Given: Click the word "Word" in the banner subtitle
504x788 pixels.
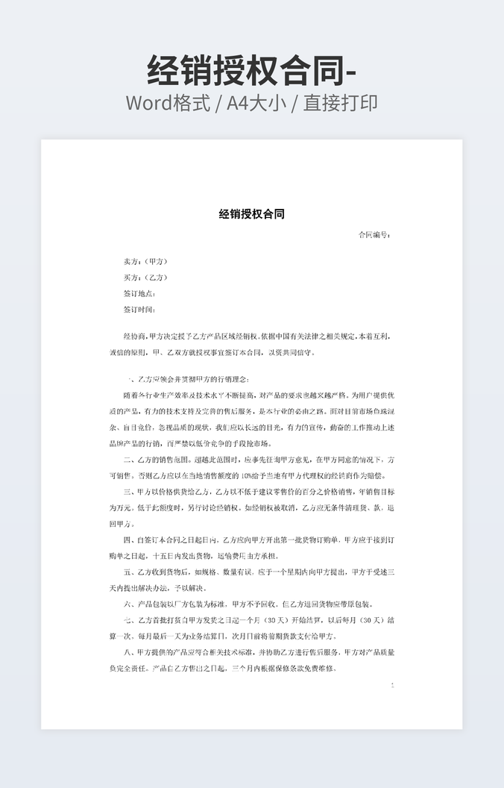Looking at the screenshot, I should (x=148, y=103).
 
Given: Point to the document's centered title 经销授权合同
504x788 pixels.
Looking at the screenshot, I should (x=252, y=214).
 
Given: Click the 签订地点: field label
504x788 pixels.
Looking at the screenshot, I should (x=139, y=293).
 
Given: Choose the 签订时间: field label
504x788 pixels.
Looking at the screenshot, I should (x=139, y=309).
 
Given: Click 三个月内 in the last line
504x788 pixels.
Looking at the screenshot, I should (x=248, y=669).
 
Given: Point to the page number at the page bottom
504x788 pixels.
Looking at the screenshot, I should (x=392, y=685).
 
